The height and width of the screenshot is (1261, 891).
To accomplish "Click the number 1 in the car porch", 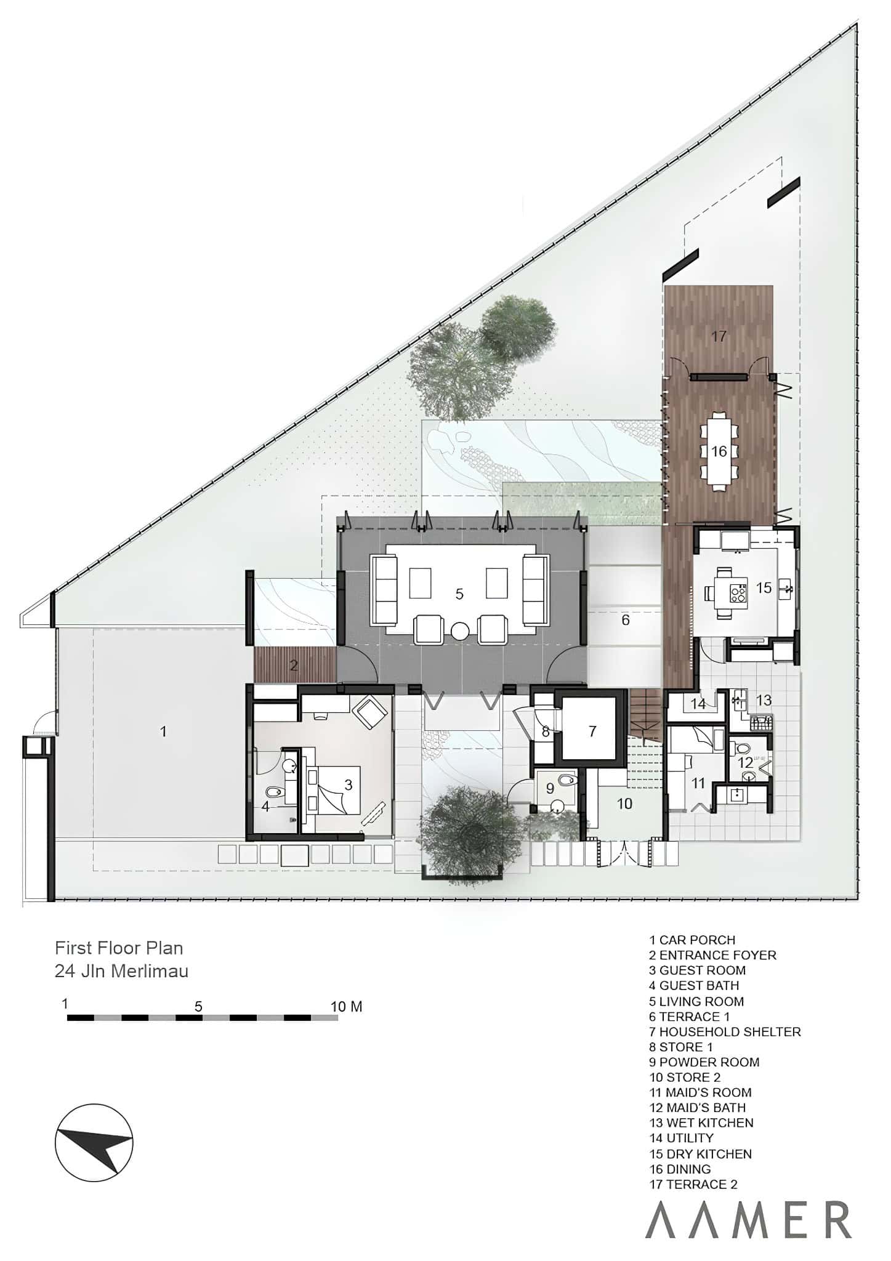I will pos(163,731).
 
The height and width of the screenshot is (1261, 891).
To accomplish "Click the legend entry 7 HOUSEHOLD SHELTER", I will pos(725,1031).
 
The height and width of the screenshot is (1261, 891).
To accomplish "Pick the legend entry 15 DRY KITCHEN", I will pos(701,1154).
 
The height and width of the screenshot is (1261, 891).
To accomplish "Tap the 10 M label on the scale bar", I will pos(347,1007).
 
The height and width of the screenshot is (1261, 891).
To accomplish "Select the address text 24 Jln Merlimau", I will pos(121,971).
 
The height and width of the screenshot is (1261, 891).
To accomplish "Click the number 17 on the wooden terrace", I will pos(719,336).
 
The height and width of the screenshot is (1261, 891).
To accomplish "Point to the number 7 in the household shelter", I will pos(592,731).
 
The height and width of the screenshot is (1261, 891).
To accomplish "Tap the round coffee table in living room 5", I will pos(460,631).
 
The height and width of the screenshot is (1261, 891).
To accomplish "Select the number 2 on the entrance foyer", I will pos(294,665).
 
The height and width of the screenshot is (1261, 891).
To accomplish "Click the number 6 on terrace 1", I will pos(626,619).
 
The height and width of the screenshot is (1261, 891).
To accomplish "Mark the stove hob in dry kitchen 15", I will pos(737,594).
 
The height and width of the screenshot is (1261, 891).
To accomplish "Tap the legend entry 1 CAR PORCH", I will pos(692,940).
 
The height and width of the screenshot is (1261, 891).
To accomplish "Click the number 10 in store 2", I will pos(624,803).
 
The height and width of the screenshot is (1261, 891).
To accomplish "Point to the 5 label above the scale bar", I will pos(198,1007).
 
